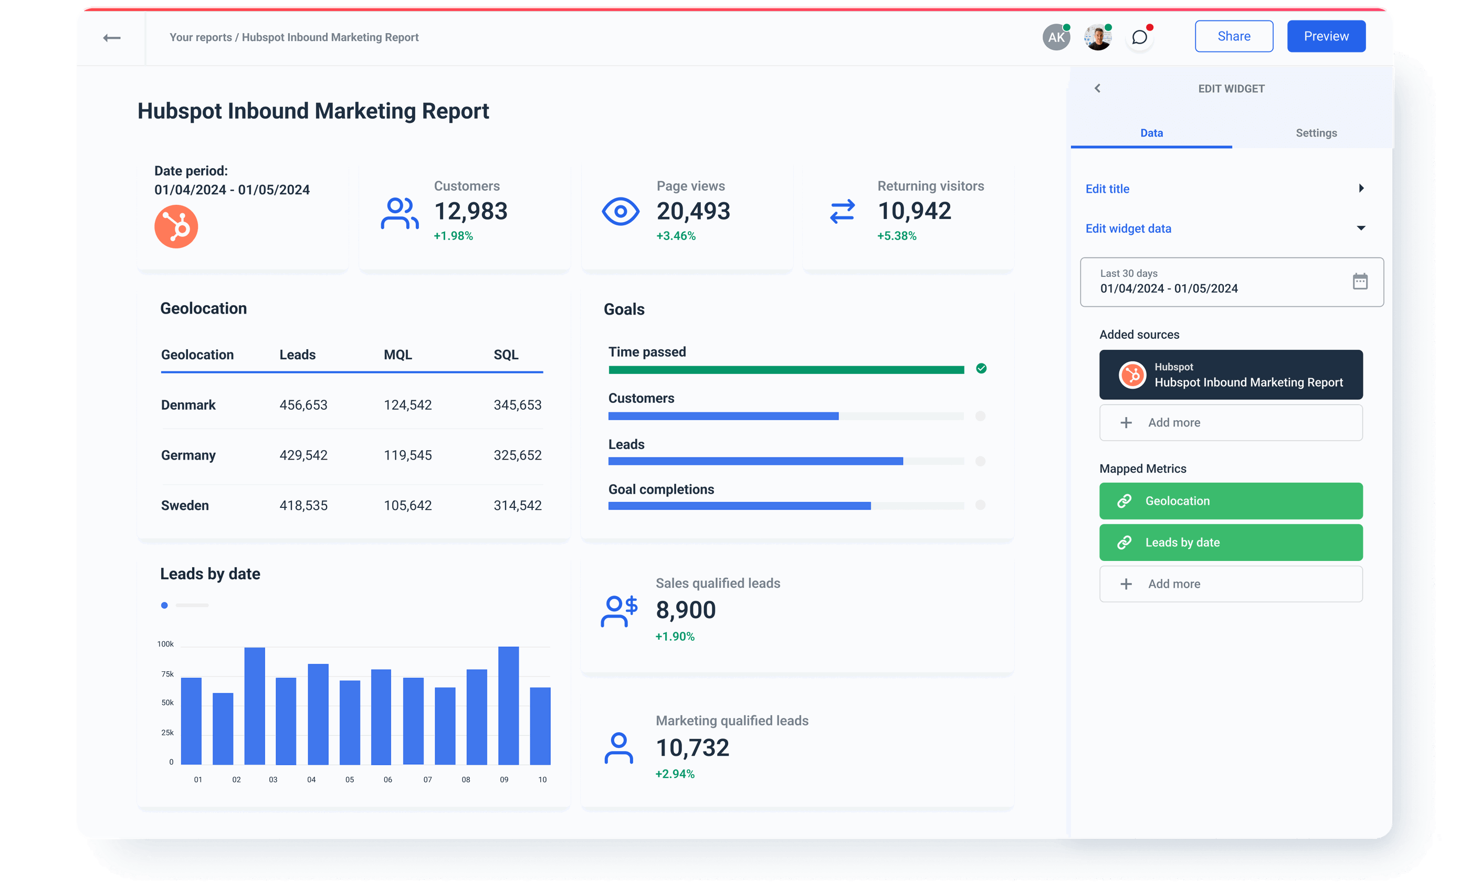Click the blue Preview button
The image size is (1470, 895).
(x=1326, y=36)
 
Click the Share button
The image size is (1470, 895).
(x=1233, y=36)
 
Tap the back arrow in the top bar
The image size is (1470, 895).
(x=111, y=38)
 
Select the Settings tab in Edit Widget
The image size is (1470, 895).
(x=1316, y=133)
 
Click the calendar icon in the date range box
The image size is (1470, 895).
(x=1360, y=281)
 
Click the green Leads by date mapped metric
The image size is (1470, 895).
(x=1230, y=543)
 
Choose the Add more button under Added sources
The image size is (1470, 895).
(x=1230, y=422)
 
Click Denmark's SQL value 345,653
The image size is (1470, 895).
(x=517, y=405)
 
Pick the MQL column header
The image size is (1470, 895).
(x=397, y=355)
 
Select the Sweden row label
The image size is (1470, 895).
(x=185, y=505)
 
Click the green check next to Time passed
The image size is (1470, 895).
(x=981, y=369)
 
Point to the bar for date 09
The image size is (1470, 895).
(x=508, y=705)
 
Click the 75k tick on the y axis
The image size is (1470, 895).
(x=167, y=674)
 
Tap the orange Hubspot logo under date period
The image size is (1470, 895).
(x=176, y=227)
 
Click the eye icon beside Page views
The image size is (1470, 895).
(x=620, y=211)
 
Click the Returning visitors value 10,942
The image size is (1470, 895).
(x=914, y=211)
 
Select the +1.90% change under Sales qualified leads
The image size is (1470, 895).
(x=675, y=637)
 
